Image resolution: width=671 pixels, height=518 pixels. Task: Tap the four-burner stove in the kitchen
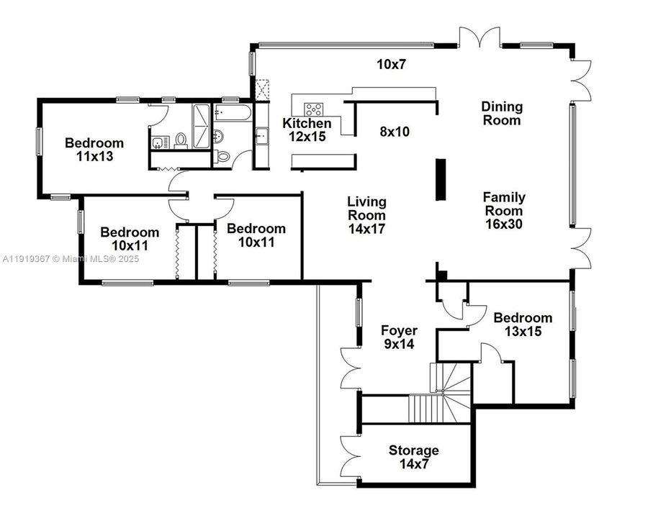[x=314, y=109]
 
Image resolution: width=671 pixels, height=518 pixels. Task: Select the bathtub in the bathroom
[x=232, y=113]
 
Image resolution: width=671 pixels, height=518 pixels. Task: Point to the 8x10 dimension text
[x=395, y=132]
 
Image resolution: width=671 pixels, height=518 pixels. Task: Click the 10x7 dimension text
[x=392, y=64]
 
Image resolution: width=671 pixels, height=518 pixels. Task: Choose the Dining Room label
[x=502, y=114]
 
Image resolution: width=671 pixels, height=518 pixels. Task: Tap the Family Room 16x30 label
[x=504, y=210]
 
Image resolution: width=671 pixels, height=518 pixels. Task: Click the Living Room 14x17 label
[x=366, y=215]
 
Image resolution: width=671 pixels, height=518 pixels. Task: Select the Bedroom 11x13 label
[x=94, y=149]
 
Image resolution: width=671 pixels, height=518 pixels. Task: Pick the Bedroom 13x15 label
[x=523, y=324]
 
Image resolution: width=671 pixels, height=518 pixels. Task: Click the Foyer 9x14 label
[x=399, y=337]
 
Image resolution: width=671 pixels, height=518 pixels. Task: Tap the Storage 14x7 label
[x=413, y=457]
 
